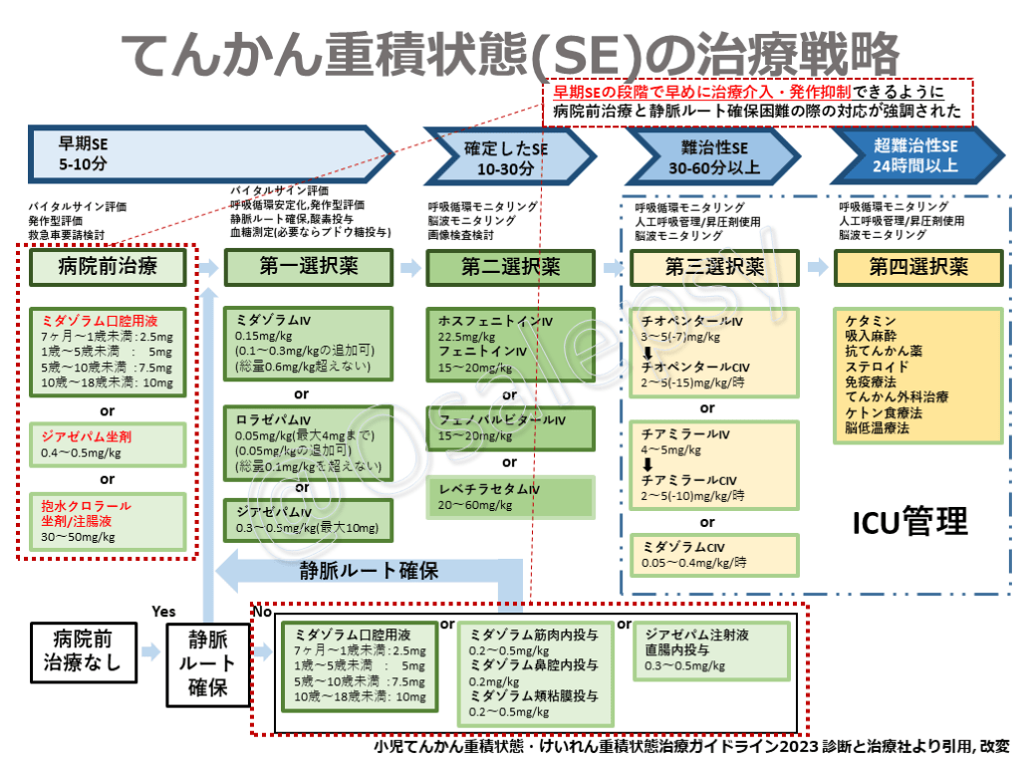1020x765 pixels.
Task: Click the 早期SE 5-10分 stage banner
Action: coord(199,153)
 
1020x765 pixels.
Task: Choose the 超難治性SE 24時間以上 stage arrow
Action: coord(916,154)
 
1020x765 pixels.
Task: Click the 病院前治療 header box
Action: coord(109,266)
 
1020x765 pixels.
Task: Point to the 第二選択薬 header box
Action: coord(510,267)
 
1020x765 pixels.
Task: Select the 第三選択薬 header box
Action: coord(714,267)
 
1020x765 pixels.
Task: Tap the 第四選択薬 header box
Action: coord(918,267)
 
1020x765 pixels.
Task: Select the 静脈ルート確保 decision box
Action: coord(206,661)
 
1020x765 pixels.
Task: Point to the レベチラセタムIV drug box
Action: coord(510,496)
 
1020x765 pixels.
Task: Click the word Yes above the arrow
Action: coord(164,611)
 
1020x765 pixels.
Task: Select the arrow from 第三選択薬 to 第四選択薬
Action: coord(816,267)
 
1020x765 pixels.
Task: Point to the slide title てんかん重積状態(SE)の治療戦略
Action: coord(509,52)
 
